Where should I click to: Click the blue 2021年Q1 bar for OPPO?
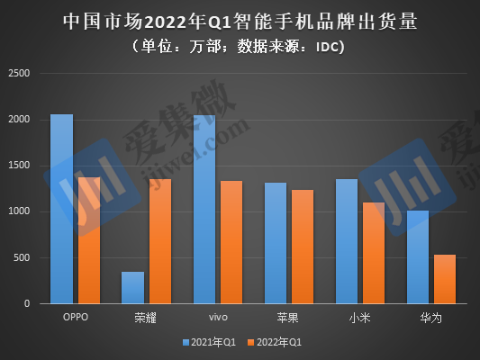coord(62,209)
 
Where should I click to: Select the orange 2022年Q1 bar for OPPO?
coord(89,240)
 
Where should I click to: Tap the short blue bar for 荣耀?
coord(133,287)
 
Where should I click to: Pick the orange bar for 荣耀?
coord(160,241)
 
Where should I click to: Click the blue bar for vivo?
coord(204,210)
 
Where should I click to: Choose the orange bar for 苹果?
coord(303,247)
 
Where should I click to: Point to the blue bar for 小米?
coord(347,241)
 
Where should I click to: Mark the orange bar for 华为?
coord(445,279)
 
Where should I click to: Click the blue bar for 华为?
coord(418,256)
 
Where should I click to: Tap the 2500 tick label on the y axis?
coord(19,74)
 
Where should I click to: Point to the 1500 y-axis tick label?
coord(19,166)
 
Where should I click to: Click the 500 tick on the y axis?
coord(22,257)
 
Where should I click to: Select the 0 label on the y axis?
coord(27,303)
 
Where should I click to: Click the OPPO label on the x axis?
coord(76,317)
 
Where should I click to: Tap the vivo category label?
coord(218,317)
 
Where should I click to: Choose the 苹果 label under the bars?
coord(288,318)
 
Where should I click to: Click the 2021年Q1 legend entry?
coord(210,342)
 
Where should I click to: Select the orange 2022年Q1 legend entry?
coord(275,342)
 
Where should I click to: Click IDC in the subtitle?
coord(327,47)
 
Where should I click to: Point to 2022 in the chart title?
coord(165,22)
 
